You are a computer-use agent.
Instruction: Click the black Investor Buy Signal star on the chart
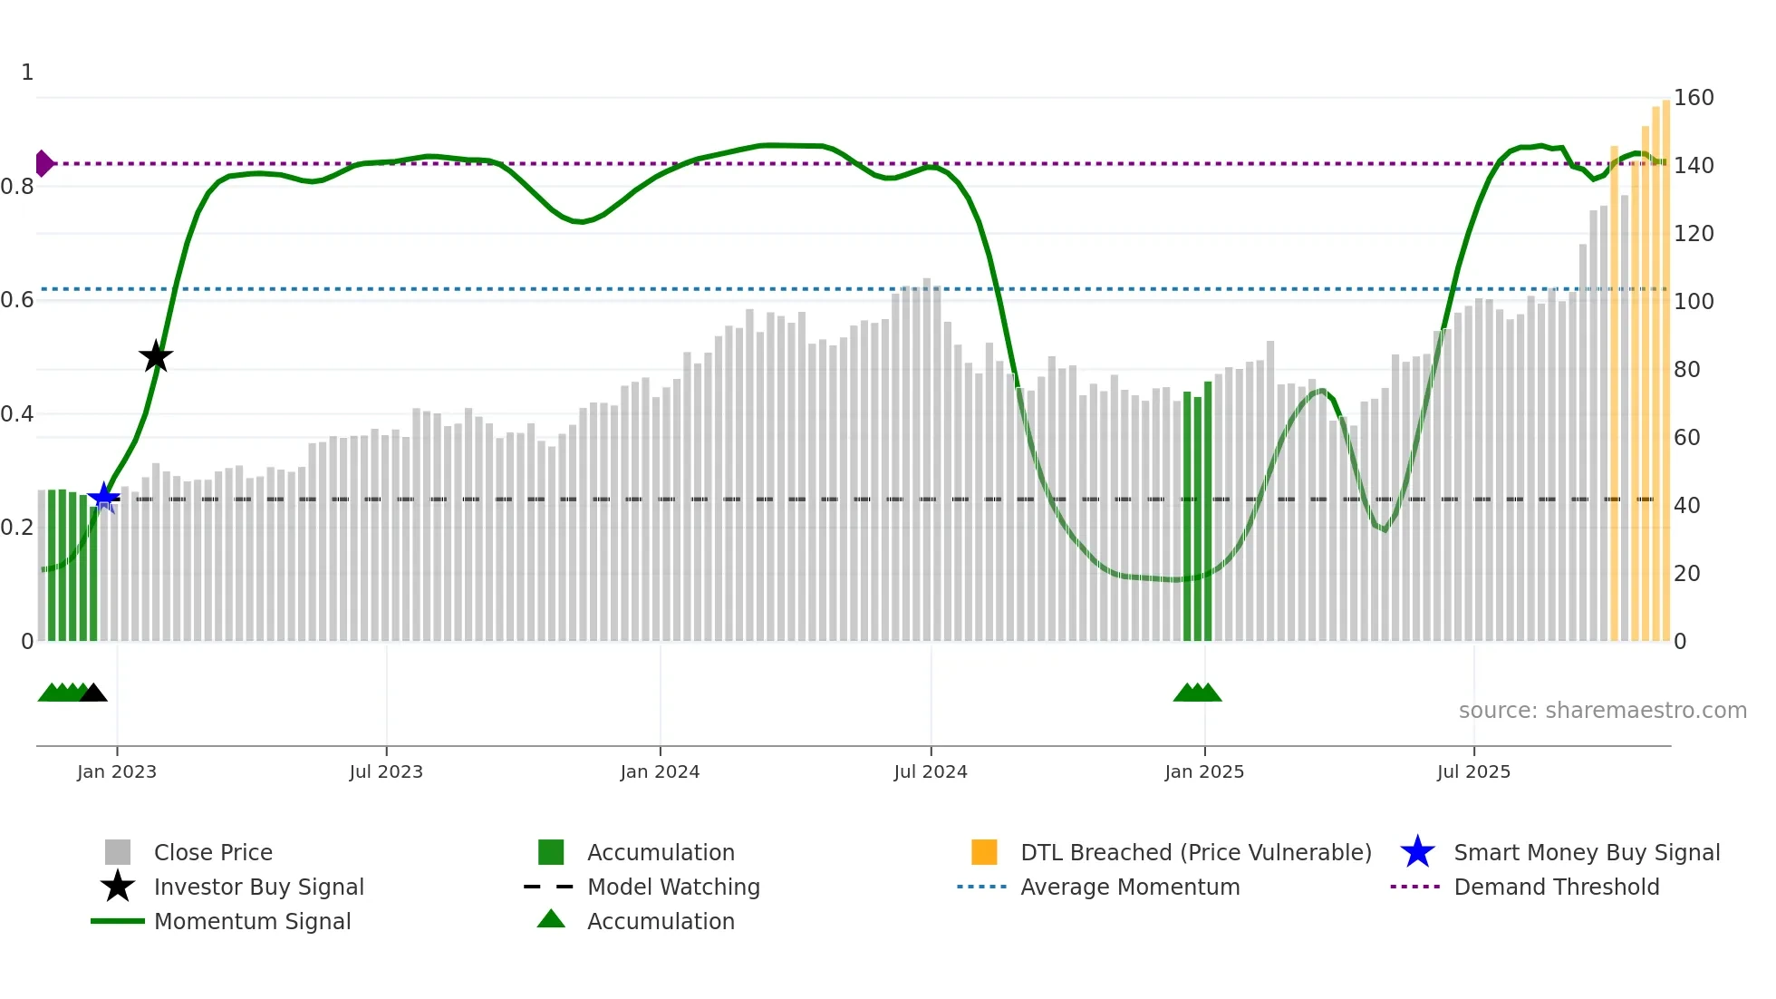click(156, 356)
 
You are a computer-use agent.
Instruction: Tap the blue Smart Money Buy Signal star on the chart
click(103, 497)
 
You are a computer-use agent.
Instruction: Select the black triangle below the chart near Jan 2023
click(93, 693)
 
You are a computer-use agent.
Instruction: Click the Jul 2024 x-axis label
click(931, 771)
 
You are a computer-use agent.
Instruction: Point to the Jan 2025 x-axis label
click(1204, 771)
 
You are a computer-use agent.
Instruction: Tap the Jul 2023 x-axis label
click(386, 771)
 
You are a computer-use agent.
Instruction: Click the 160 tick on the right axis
click(1693, 98)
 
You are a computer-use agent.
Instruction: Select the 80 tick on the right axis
click(1686, 369)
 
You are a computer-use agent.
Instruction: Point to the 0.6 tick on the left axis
click(18, 300)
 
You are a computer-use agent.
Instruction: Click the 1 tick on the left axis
click(27, 73)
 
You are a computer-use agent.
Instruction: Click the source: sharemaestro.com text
click(1602, 711)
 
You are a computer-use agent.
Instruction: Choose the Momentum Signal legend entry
click(252, 921)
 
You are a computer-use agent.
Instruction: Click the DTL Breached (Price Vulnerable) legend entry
click(1195, 852)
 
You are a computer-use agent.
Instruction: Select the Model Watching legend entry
click(672, 887)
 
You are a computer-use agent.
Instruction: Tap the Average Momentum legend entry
click(1129, 887)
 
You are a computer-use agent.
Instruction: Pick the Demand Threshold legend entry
click(1556, 887)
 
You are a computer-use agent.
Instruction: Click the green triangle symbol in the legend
click(551, 920)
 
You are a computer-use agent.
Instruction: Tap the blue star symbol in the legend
click(1417, 852)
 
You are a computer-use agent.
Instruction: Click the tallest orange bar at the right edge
click(1665, 363)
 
